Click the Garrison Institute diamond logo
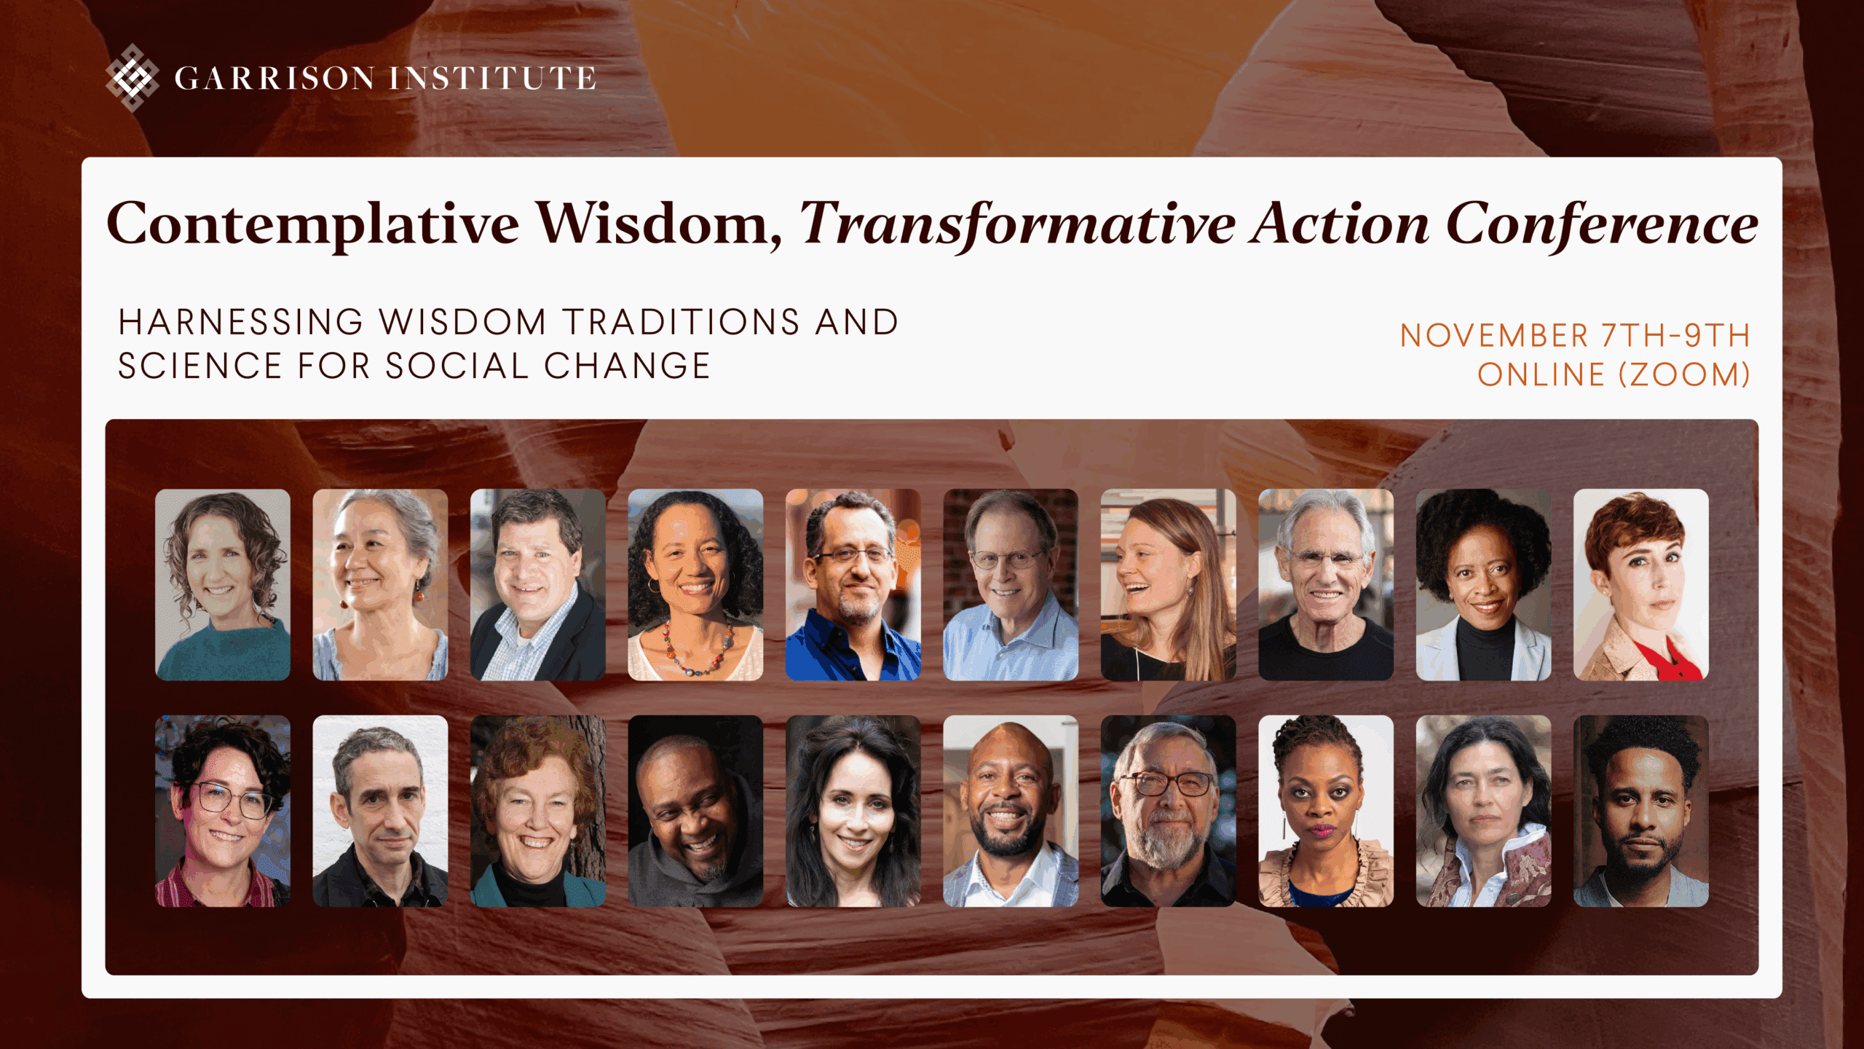point(132,77)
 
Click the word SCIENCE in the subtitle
point(200,366)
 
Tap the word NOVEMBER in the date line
point(1494,336)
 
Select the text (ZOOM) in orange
point(1684,374)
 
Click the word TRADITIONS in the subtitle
point(682,322)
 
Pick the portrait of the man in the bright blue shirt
point(853,585)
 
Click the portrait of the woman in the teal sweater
point(223,585)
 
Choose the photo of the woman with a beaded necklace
point(695,585)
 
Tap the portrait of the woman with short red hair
point(1640,585)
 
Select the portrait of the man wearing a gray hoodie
point(695,811)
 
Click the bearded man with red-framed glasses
point(1168,811)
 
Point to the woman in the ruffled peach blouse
point(1326,811)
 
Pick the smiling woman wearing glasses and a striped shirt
point(223,811)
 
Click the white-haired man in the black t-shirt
point(1326,585)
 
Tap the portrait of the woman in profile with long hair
point(1168,585)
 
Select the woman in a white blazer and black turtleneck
point(1483,585)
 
